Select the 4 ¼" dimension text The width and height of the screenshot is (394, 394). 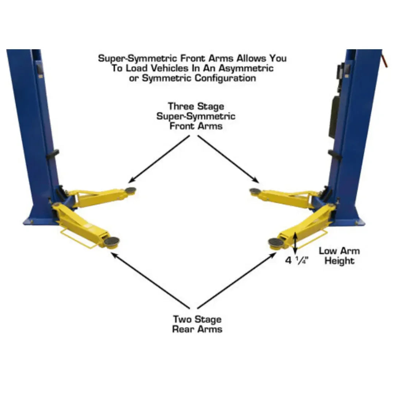(x=296, y=260)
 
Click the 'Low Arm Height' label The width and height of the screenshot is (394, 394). (x=339, y=256)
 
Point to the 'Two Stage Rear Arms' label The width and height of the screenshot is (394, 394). (x=197, y=324)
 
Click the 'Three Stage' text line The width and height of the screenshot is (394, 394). (x=196, y=107)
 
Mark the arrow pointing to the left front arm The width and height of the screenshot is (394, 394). (x=159, y=159)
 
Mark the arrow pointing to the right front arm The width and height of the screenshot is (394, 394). (x=228, y=159)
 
